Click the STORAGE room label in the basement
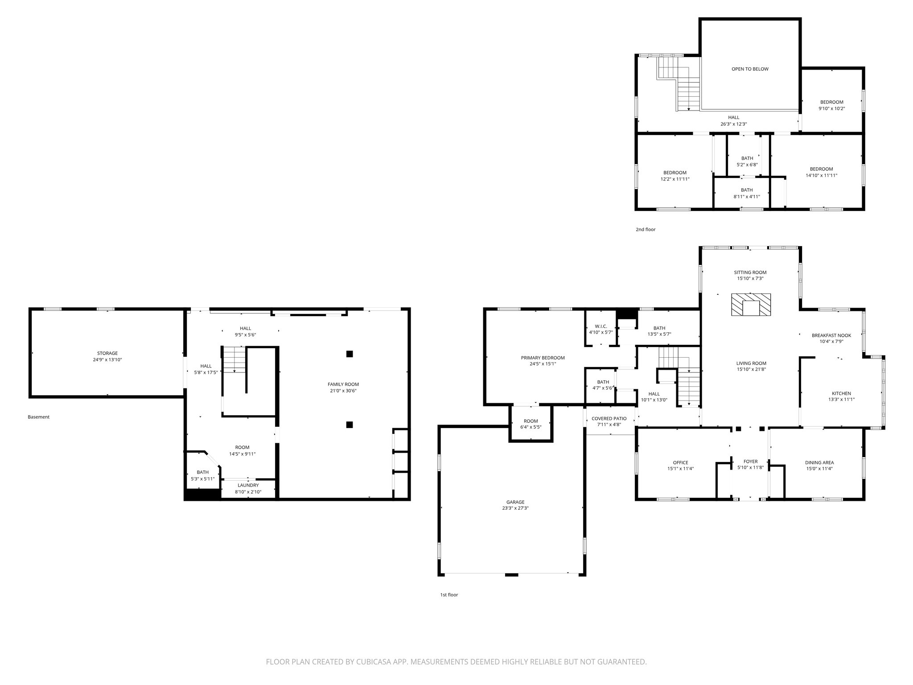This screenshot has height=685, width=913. point(107,353)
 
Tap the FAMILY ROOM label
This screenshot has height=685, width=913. point(343,384)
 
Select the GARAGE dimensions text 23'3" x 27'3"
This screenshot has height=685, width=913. point(515,508)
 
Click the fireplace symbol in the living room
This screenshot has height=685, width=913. point(751,305)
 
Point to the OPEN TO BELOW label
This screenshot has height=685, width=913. point(750,69)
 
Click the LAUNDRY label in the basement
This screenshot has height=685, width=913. point(248,485)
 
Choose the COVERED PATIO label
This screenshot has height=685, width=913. point(609,419)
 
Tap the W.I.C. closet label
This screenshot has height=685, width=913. point(600,326)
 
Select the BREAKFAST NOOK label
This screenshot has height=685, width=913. point(831,335)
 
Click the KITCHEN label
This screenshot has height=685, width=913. point(841,393)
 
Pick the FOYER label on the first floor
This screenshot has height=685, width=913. point(750,462)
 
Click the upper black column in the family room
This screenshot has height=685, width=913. point(350,354)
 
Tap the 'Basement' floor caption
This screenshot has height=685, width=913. point(38,417)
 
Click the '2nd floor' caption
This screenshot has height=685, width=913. point(645,230)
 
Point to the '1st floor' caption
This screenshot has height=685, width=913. point(448,595)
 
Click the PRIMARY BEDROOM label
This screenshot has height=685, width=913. point(543,358)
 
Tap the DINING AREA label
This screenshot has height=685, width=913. point(819,462)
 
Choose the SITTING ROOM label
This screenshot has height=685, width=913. point(750,272)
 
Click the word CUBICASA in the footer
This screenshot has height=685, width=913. point(368,662)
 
